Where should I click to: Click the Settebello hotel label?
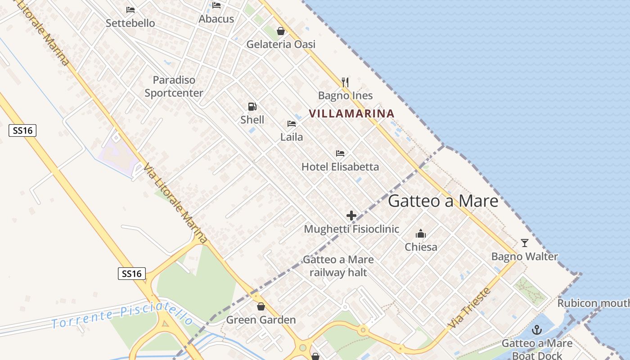[x=130, y=23]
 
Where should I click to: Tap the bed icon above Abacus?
[x=216, y=5]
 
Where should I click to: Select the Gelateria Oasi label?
[x=281, y=44]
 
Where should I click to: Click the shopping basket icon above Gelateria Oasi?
[x=281, y=31]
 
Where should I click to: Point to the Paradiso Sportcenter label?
[x=174, y=86]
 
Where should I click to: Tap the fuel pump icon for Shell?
[x=252, y=107]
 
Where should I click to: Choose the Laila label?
[x=292, y=137]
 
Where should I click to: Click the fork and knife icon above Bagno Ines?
[x=345, y=82]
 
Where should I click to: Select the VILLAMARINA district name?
[x=352, y=113]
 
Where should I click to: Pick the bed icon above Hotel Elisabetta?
[x=340, y=153]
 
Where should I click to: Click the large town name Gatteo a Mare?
[x=443, y=201]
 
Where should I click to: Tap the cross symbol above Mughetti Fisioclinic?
[x=351, y=216]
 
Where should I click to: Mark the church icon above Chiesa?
[x=421, y=234]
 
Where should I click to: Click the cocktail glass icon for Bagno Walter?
[x=525, y=243]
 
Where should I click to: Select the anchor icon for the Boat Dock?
[x=537, y=330]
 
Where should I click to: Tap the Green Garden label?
[x=261, y=320]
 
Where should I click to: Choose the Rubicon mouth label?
[x=593, y=303]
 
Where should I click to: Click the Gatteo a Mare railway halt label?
[x=338, y=266]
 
